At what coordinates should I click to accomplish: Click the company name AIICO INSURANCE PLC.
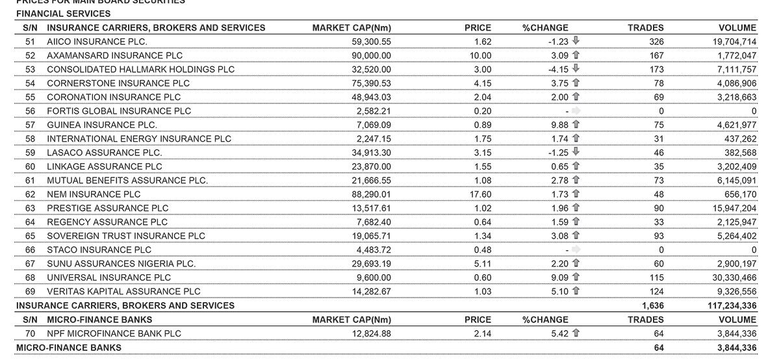[x=97, y=42]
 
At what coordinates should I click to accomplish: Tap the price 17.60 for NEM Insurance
[x=481, y=194]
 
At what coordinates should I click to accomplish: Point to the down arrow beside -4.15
[x=576, y=69]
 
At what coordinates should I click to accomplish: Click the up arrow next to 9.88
[x=576, y=125]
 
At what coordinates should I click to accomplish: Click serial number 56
[x=30, y=111]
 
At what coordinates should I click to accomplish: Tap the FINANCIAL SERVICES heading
[x=63, y=14]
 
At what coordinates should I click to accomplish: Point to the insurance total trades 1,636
[x=652, y=305]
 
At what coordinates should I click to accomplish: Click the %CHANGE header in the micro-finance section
[x=545, y=320]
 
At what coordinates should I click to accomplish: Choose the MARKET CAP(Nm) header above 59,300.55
[x=351, y=28]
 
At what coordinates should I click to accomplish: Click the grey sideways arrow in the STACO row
[x=576, y=250]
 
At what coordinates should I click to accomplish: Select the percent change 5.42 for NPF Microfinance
[x=559, y=333]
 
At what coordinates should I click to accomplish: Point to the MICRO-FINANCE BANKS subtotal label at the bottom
[x=68, y=348]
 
